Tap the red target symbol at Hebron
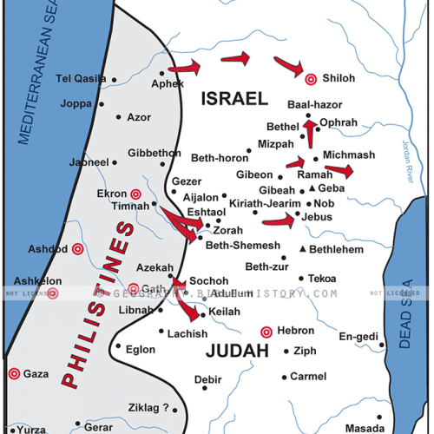[x=266, y=331]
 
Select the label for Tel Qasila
[x=81, y=78]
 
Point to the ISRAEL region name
[x=233, y=100]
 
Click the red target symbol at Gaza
[x=14, y=373]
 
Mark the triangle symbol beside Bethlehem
[x=302, y=249]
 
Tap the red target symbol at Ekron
[x=135, y=194]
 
